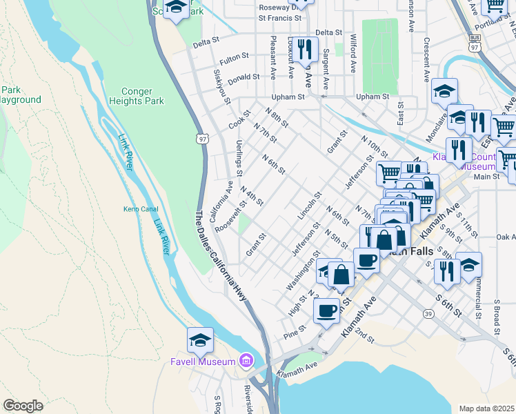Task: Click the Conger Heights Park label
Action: (x=137, y=95)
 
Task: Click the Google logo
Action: (x=23, y=405)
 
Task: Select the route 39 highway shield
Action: (x=428, y=314)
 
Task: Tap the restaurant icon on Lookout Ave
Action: (x=305, y=49)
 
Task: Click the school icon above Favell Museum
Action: (x=200, y=340)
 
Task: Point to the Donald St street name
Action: (x=244, y=78)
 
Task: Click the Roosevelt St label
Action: (x=230, y=217)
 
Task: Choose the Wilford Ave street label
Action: (x=353, y=53)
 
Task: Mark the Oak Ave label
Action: (x=505, y=237)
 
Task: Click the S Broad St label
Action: (x=496, y=313)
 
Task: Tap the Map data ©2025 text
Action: (x=486, y=408)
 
